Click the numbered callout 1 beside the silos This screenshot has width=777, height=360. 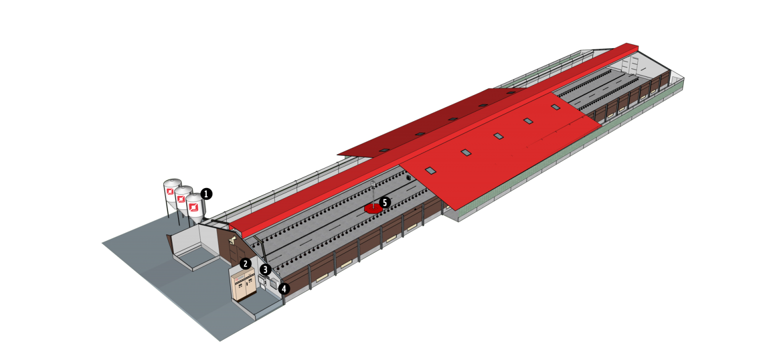206,194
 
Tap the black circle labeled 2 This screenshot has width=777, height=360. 245,263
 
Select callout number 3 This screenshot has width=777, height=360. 266,269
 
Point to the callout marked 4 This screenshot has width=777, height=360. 284,289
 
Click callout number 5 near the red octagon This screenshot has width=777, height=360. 384,203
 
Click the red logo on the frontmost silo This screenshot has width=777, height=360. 193,207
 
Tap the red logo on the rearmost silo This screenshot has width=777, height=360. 170,192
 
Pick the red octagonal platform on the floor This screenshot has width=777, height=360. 373,208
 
